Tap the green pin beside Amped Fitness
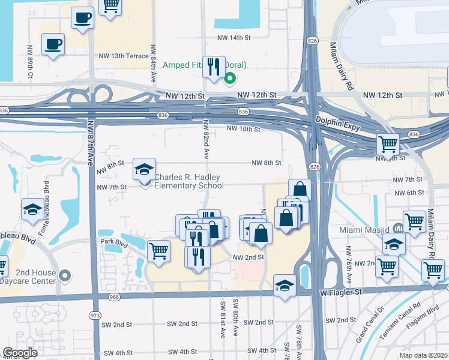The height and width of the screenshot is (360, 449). (229, 78)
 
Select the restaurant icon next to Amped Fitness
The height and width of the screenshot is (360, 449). (213, 67)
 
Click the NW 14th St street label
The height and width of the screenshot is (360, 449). (233, 37)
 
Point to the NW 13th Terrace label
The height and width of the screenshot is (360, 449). (124, 56)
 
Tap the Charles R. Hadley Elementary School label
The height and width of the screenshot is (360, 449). (188, 181)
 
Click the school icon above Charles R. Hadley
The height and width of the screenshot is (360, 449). (144, 170)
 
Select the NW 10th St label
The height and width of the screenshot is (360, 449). (243, 129)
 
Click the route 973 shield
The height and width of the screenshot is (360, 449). (94, 316)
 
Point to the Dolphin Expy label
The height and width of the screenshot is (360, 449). (338, 121)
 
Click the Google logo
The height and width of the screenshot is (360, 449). (20, 353)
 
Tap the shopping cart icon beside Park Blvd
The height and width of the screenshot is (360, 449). (159, 251)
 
